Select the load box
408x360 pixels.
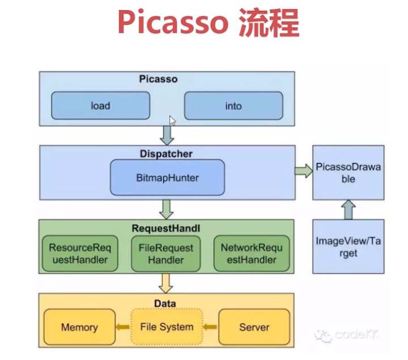point(100,106)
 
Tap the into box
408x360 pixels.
point(233,106)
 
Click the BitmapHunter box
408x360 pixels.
point(167,178)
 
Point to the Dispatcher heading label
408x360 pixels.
point(166,153)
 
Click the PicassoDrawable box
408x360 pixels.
point(348,173)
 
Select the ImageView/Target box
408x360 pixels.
point(348,247)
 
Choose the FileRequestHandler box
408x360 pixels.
point(166,253)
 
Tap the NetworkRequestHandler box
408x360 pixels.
point(252,253)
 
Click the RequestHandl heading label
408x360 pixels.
point(166,228)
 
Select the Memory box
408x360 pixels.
point(79,327)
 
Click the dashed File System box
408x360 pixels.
point(167,327)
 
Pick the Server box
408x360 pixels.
point(254,327)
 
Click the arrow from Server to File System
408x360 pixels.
point(210,327)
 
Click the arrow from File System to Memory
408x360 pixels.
point(122,327)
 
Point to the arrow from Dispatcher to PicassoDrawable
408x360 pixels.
point(304,172)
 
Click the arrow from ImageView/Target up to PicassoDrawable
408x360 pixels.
point(348,209)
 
